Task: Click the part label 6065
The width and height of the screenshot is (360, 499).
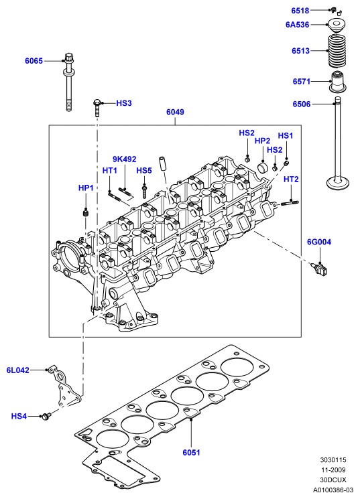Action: click(34, 61)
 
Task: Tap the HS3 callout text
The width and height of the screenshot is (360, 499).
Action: click(124, 103)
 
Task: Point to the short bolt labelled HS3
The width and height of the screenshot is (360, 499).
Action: click(97, 108)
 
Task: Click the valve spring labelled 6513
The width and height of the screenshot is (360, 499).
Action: click(337, 51)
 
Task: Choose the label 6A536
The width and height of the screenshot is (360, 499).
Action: click(297, 25)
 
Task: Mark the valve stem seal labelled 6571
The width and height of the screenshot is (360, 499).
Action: click(338, 82)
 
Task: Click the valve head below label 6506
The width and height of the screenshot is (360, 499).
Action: click(338, 182)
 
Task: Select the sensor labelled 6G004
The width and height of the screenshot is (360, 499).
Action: click(319, 268)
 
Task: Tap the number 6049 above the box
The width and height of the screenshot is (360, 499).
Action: click(175, 112)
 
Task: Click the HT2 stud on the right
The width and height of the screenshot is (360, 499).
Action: click(290, 203)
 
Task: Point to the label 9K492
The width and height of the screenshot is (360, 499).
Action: click(124, 159)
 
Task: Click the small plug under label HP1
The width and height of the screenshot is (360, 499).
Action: click(85, 212)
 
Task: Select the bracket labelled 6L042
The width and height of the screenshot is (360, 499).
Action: click(66, 386)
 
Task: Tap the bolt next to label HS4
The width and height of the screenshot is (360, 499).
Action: click(46, 416)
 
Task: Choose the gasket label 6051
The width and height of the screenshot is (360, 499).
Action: click(191, 452)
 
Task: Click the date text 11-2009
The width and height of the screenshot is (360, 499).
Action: click(333, 470)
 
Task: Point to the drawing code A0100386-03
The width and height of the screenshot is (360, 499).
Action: click(333, 490)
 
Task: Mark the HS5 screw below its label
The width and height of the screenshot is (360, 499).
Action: click(144, 192)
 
